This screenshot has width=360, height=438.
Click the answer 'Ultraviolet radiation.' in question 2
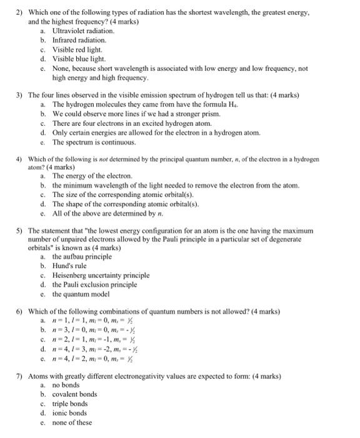click(83, 31)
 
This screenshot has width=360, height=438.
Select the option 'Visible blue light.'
click(80, 59)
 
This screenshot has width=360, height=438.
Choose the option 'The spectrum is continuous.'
click(90, 142)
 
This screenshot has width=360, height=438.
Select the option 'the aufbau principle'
click(81, 257)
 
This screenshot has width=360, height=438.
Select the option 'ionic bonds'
click(69, 413)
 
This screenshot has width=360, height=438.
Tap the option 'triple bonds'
click(70, 404)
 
